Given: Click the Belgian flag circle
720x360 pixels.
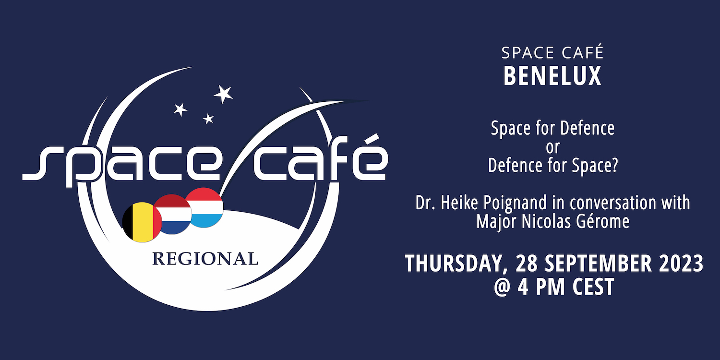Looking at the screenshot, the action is [142, 222].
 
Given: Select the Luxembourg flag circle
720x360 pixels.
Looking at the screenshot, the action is [204, 207].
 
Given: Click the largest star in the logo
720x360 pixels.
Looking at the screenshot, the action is [223, 94].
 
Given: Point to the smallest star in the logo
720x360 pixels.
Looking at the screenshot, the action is [209, 119].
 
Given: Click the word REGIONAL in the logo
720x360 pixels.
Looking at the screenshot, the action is [205, 259].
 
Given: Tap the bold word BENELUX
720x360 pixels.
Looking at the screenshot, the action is [552, 76].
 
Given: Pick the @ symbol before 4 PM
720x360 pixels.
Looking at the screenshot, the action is [503, 287].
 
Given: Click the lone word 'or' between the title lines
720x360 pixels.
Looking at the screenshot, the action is [553, 147].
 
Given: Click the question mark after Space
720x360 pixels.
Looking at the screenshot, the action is [614, 165].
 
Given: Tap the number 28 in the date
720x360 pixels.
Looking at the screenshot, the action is [527, 263].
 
